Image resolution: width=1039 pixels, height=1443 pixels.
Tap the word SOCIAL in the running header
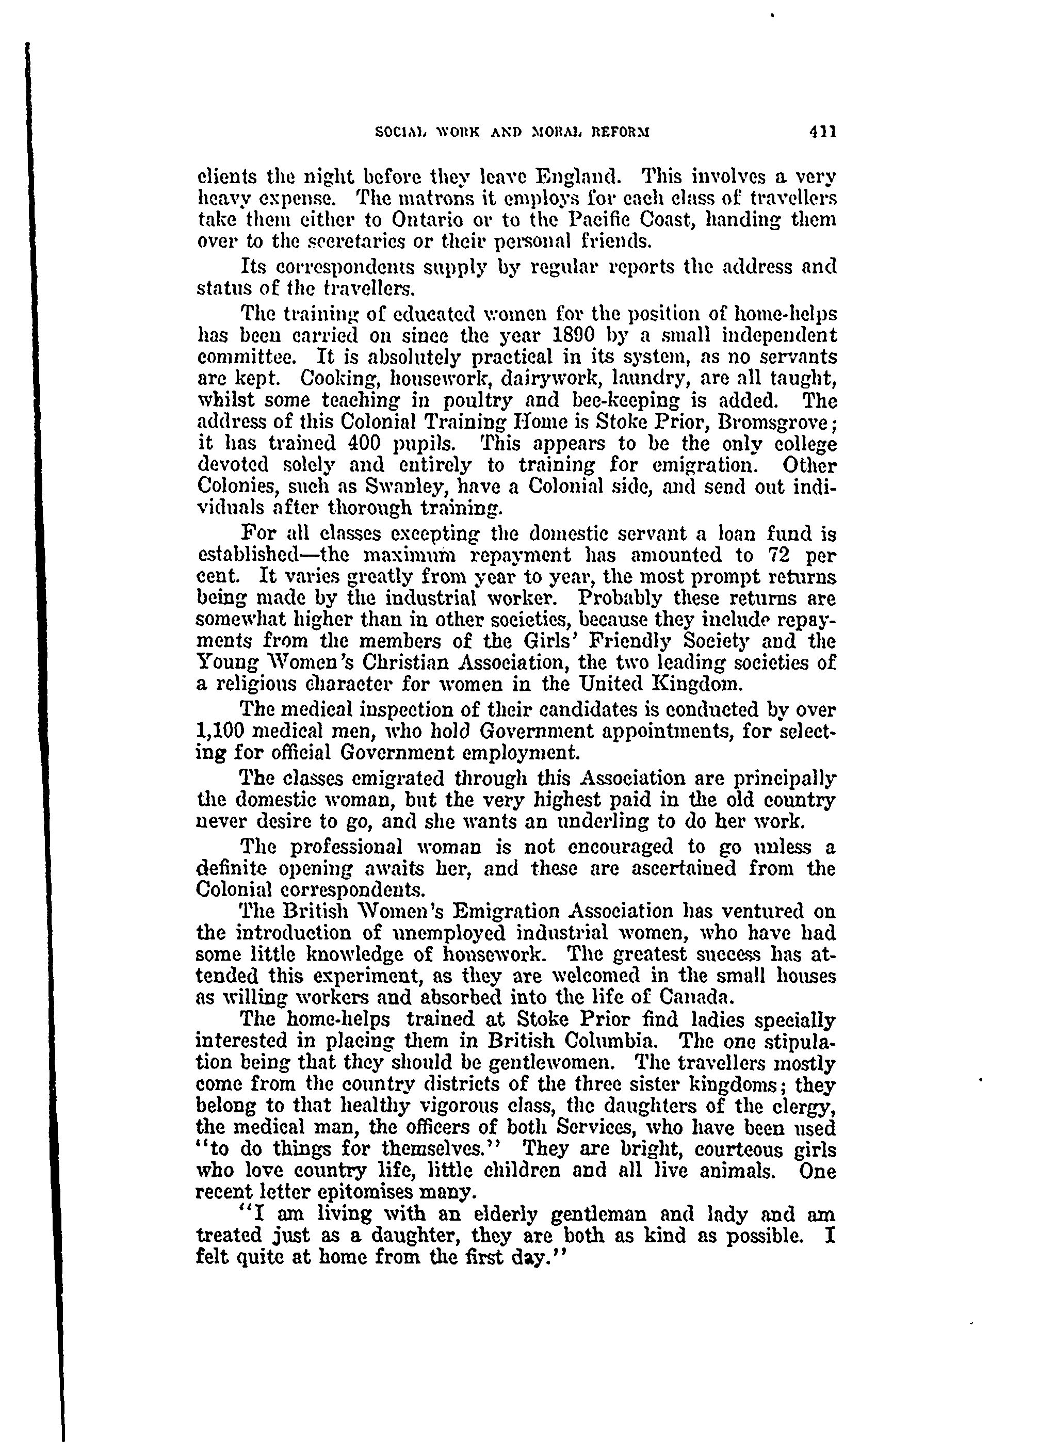pyautogui.click(x=398, y=133)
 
